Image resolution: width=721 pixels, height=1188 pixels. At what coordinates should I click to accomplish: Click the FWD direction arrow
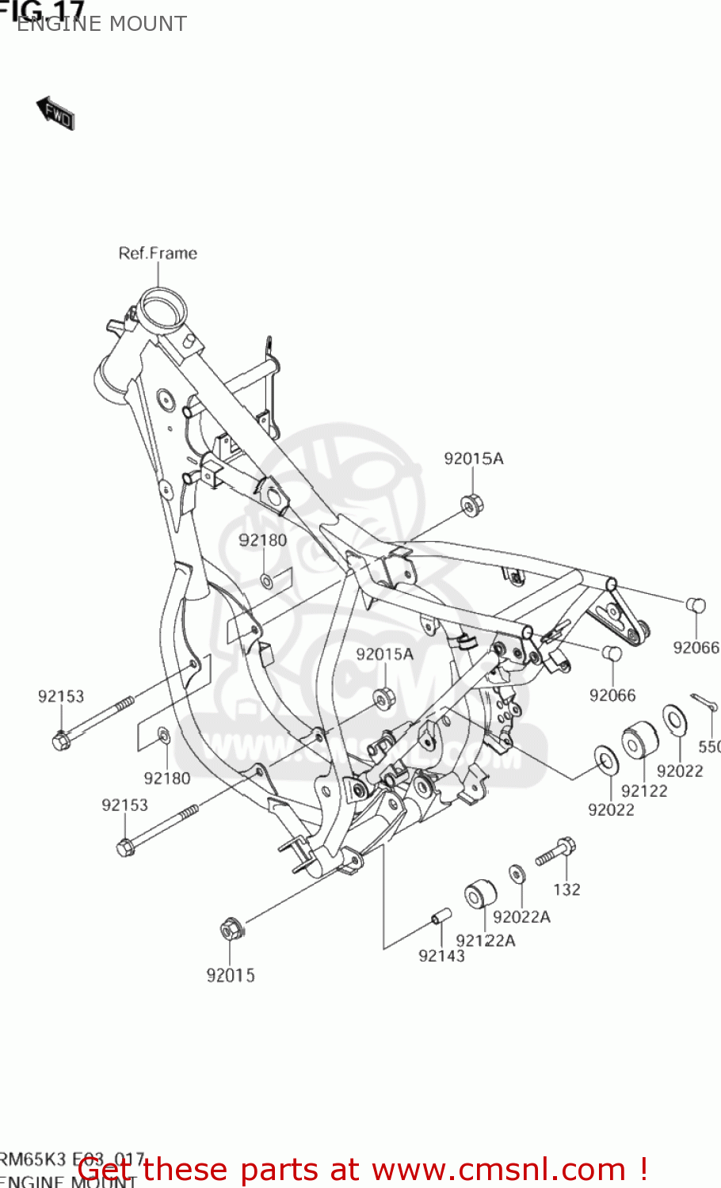[55, 114]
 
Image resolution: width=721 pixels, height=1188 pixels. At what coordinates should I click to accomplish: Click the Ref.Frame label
[158, 253]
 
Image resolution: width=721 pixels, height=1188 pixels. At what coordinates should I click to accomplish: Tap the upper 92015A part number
[473, 459]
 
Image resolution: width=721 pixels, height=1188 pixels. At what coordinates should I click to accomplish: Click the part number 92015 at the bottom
[231, 976]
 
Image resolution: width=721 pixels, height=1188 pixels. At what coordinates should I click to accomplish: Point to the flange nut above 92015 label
[231, 927]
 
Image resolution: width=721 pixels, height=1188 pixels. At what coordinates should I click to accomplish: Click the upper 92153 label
[61, 696]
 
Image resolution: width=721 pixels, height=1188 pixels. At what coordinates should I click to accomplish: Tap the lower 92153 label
[124, 805]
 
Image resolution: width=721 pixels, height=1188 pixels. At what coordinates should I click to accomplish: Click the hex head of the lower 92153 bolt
[125, 847]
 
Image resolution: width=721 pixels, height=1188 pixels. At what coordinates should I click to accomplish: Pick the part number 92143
[441, 956]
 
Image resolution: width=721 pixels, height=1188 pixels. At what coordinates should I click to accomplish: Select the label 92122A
[485, 940]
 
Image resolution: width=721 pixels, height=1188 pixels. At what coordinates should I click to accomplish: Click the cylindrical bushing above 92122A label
[480, 894]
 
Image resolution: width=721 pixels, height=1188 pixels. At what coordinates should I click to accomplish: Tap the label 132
[566, 889]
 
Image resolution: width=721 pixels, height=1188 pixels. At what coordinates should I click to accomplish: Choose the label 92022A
[521, 916]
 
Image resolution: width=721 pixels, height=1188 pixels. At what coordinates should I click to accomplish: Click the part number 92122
[644, 790]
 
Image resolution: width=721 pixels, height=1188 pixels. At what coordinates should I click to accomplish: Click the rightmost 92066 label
[696, 648]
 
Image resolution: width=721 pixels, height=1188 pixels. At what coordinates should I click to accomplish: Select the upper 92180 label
[263, 540]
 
